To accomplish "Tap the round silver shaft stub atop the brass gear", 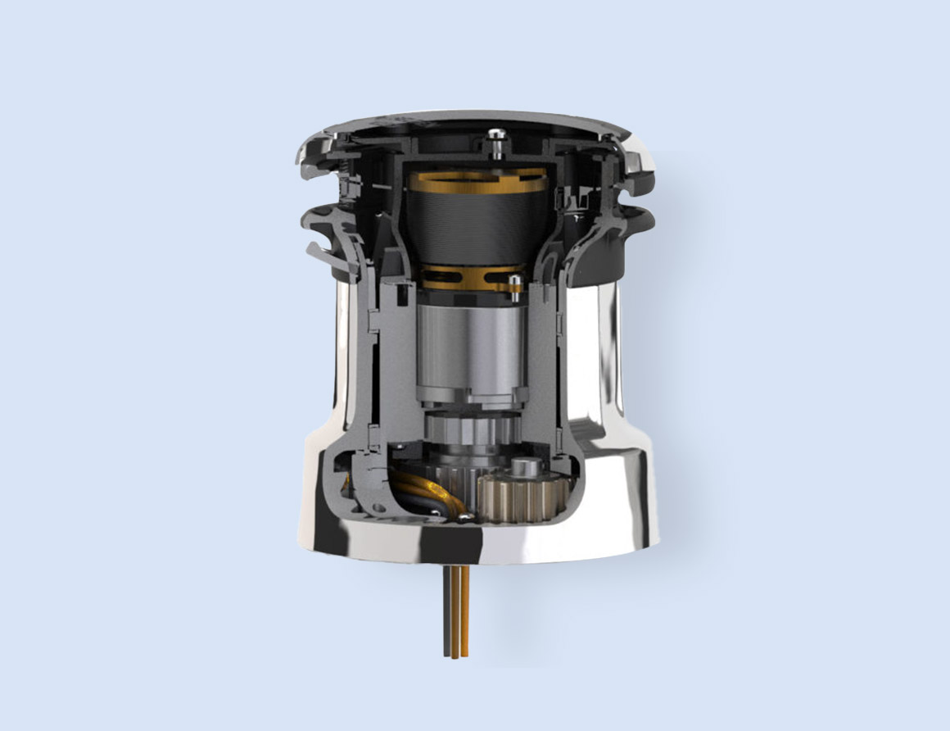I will click(524, 469).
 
